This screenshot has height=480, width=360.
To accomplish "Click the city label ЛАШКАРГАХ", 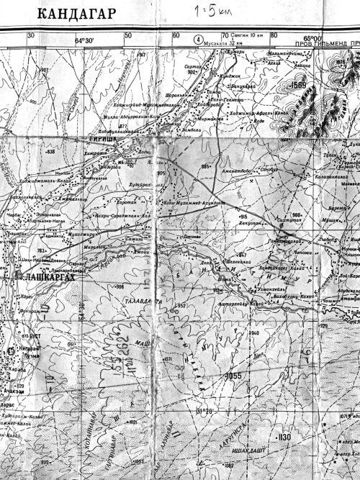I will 45,276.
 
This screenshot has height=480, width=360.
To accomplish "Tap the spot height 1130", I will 284,437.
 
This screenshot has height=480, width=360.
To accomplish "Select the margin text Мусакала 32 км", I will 229,43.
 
